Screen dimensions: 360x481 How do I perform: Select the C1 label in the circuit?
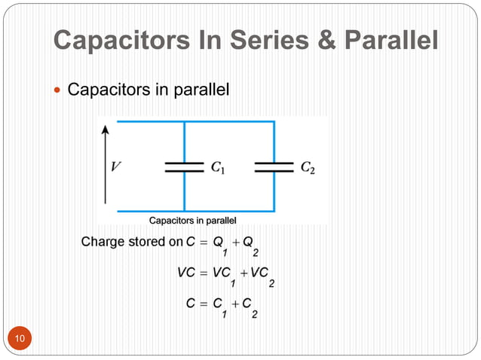216,168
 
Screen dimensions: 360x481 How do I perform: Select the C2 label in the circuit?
308,168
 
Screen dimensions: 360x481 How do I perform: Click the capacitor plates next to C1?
184,166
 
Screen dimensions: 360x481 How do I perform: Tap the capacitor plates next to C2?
274,166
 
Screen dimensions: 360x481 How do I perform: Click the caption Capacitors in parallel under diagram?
193,221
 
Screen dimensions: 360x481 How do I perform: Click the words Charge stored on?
131,243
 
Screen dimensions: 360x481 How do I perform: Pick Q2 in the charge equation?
253,245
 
